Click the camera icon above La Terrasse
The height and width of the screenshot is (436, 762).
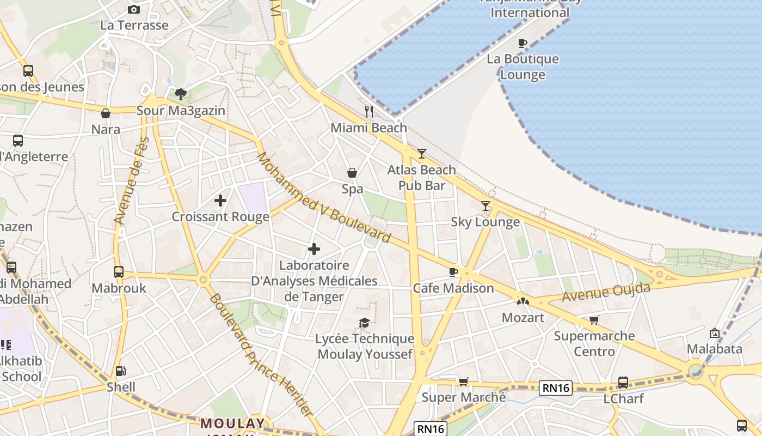pyautogui.click(x=133, y=9)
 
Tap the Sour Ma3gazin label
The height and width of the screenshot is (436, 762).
pyautogui.click(x=180, y=111)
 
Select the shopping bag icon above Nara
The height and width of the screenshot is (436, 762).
pyautogui.click(x=106, y=113)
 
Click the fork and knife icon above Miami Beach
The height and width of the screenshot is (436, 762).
pyautogui.click(x=369, y=112)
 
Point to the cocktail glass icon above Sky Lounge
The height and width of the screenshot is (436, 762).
pyautogui.click(x=486, y=206)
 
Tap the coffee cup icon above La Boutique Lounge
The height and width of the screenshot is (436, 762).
pyautogui.click(x=523, y=43)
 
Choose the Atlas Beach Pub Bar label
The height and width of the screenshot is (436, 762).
pyautogui.click(x=421, y=178)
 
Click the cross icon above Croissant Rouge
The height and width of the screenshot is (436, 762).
pyautogui.click(x=220, y=201)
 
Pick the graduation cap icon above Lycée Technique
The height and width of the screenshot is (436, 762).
pyautogui.click(x=364, y=323)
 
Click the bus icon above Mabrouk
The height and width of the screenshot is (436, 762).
pyautogui.click(x=119, y=271)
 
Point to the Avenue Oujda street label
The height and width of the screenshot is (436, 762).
pyautogui.click(x=606, y=292)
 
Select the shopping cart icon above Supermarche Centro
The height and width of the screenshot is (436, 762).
pyautogui.click(x=594, y=320)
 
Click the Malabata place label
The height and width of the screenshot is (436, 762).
pyautogui.click(x=715, y=349)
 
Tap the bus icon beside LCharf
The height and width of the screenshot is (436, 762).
pyautogui.click(x=623, y=383)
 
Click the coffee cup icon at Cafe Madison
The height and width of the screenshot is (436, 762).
pyautogui.click(x=453, y=272)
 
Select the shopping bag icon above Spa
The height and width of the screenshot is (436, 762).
pyautogui.click(x=352, y=173)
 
